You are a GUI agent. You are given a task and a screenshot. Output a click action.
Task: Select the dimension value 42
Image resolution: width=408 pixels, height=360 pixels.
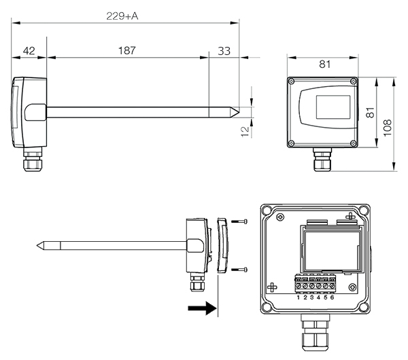pos(29,51)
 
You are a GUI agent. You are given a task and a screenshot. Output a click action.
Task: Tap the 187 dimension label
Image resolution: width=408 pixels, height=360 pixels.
pos(127,51)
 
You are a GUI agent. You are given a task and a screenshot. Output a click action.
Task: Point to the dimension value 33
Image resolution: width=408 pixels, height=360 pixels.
pos(224,51)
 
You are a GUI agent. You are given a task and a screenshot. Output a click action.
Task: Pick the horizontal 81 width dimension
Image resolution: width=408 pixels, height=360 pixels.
pos(324,65)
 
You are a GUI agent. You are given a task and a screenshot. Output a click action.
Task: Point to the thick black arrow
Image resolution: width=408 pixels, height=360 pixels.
pos(201,308)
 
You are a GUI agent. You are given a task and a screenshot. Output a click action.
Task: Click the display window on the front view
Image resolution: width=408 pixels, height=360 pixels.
pos(332,107)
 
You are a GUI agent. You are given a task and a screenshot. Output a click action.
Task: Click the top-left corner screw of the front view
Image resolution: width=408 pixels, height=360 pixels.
pos(292,82)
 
